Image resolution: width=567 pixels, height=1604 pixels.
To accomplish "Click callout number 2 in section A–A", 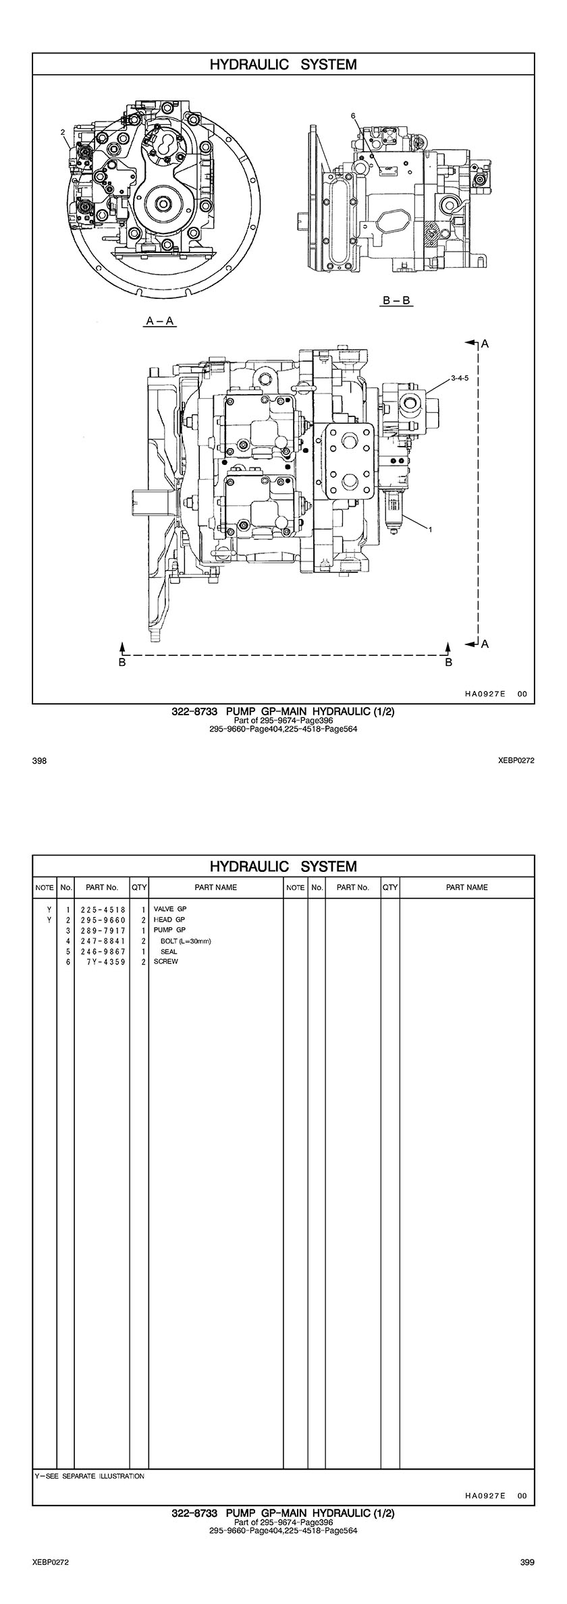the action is click(x=62, y=132).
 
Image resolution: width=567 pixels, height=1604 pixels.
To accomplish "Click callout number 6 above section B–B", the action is click(x=353, y=116).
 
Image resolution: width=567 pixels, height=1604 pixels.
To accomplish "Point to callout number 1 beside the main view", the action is click(x=429, y=530).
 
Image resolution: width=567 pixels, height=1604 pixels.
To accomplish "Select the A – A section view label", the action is click(x=161, y=321).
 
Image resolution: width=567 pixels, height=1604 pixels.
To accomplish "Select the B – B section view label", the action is click(x=396, y=300).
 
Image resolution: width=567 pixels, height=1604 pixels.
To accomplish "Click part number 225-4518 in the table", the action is click(x=103, y=910).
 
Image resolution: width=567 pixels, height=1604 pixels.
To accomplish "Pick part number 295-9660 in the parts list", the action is click(x=103, y=920).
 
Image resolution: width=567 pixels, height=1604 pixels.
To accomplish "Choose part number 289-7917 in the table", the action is click(x=103, y=931).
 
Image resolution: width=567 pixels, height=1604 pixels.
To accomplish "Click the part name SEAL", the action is click(x=169, y=951).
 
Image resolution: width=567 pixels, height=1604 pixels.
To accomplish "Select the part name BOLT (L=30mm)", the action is click(x=186, y=941).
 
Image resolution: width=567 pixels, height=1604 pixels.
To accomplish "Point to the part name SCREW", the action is click(x=166, y=962).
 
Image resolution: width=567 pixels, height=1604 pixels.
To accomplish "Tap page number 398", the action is click(x=39, y=760).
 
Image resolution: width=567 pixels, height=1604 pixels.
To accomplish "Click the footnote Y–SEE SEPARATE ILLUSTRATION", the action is click(x=89, y=1489).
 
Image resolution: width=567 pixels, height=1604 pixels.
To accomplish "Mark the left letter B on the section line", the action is click(x=122, y=663).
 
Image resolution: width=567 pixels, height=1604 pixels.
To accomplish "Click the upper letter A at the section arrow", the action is click(x=484, y=344).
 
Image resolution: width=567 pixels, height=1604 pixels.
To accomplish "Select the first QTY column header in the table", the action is click(x=139, y=887).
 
